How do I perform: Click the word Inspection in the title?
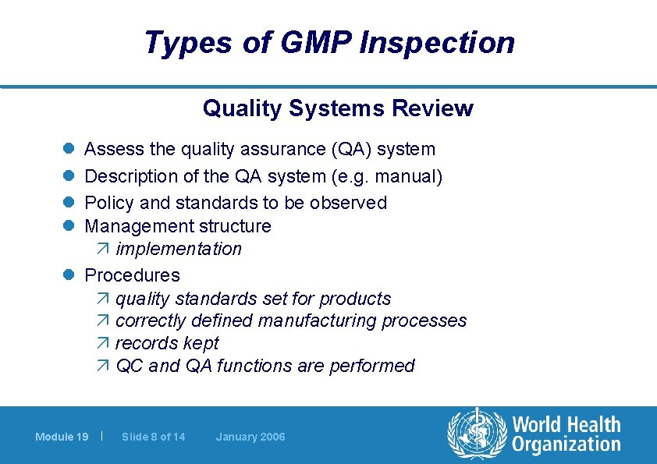437,43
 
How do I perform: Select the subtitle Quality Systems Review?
338,108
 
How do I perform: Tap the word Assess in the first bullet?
111,149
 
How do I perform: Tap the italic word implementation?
179,250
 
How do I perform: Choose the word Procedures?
132,275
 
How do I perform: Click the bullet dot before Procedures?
68,275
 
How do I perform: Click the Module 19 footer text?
62,437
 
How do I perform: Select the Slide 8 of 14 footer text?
154,437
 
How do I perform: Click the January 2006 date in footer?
250,437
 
